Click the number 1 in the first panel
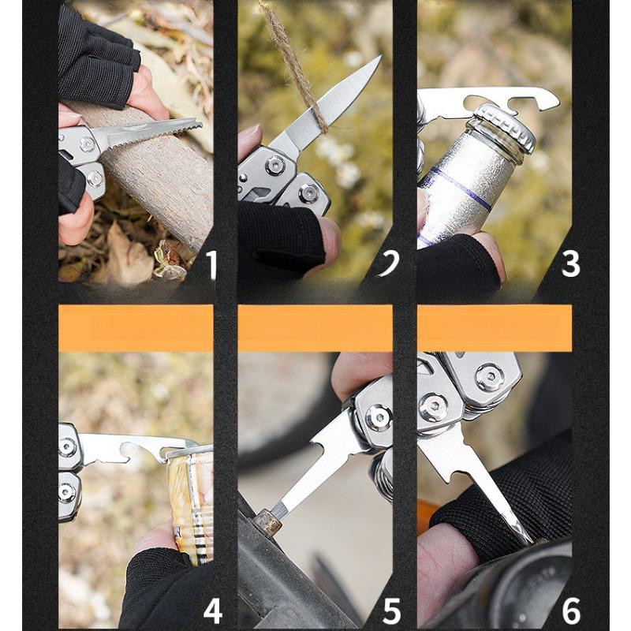211,265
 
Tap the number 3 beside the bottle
570,263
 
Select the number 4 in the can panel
212,610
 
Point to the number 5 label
392,610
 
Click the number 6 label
570,610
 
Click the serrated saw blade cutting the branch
155,133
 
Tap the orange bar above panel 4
136,328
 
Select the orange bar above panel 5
315,328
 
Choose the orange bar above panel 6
495,328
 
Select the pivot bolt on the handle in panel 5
379,416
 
